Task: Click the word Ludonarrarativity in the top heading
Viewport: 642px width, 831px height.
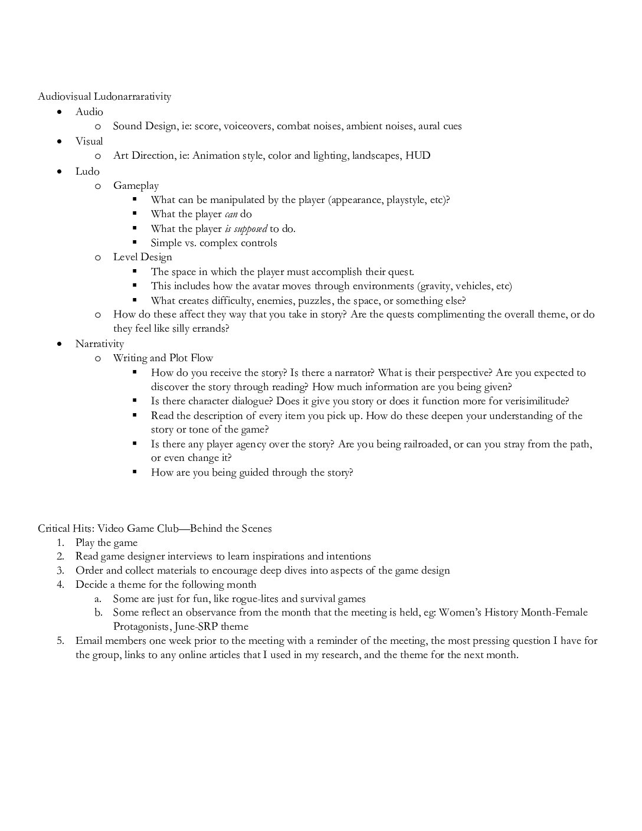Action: pos(132,96)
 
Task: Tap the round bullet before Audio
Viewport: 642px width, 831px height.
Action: pos(59,112)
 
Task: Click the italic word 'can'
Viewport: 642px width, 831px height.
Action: pos(231,214)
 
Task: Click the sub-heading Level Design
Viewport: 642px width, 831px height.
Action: pos(143,257)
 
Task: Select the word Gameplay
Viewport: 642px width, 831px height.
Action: pos(136,185)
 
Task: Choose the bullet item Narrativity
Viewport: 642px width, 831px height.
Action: pos(100,343)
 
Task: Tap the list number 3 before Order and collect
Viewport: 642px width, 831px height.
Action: pos(60,571)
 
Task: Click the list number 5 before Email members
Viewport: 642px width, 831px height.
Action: pos(60,641)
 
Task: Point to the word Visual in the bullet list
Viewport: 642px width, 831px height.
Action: pos(89,141)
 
